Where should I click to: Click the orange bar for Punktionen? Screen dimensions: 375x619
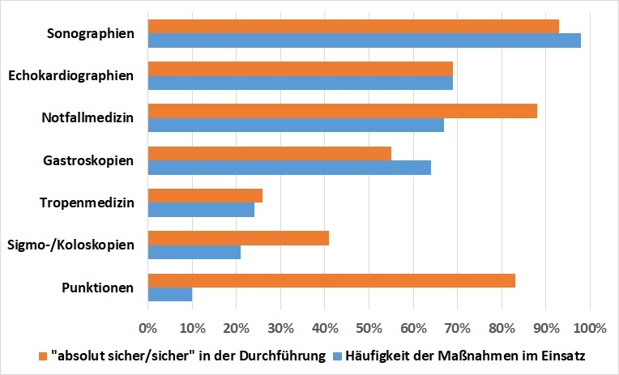[331, 281]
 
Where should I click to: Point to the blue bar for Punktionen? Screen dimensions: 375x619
[170, 295]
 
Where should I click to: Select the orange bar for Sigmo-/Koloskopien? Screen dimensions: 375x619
[238, 238]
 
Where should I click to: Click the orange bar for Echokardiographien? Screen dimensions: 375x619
[300, 69]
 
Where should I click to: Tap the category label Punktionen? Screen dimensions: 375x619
[97, 288]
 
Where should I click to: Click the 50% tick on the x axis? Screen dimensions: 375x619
[369, 329]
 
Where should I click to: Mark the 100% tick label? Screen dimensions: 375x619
[589, 329]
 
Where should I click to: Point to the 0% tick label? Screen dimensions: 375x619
[147, 329]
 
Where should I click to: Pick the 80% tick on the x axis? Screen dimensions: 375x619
[501, 329]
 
